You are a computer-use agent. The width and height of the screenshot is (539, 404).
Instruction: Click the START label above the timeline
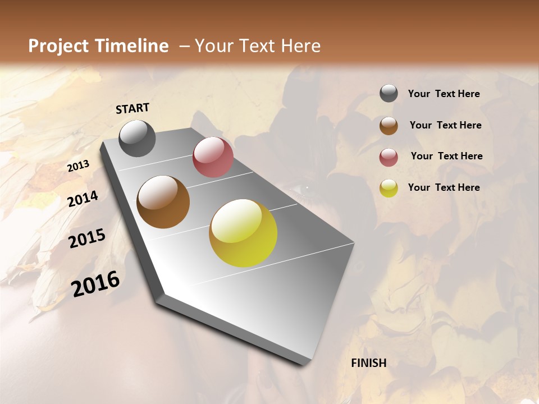[133, 108]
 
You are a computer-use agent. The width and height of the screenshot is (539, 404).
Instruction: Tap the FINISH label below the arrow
[368, 363]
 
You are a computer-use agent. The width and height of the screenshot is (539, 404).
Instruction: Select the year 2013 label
[78, 166]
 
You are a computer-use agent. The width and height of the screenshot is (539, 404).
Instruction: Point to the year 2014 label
[83, 199]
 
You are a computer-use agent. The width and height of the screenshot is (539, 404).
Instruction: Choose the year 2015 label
[87, 239]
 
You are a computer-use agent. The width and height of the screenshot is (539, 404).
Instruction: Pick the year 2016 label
[95, 283]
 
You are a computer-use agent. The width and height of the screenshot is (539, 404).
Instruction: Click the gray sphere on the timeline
[137, 138]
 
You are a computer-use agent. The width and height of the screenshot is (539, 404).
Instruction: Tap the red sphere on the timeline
[213, 157]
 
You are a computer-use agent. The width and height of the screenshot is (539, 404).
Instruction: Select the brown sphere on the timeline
[163, 201]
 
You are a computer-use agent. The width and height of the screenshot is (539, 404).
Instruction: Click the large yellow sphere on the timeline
[243, 233]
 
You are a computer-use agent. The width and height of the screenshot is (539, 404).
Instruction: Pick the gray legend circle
[389, 94]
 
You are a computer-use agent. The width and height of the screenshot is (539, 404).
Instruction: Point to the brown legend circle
[389, 125]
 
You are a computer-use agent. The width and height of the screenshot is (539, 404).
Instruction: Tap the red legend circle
[389, 157]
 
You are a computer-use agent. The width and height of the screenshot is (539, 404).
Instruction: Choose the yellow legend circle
[389, 188]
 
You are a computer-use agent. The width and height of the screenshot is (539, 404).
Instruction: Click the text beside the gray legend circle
[444, 94]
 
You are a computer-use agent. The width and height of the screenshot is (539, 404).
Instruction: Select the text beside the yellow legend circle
[444, 187]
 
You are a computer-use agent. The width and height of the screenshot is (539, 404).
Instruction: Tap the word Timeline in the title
[133, 46]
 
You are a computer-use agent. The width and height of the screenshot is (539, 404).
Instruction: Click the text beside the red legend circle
[446, 156]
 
